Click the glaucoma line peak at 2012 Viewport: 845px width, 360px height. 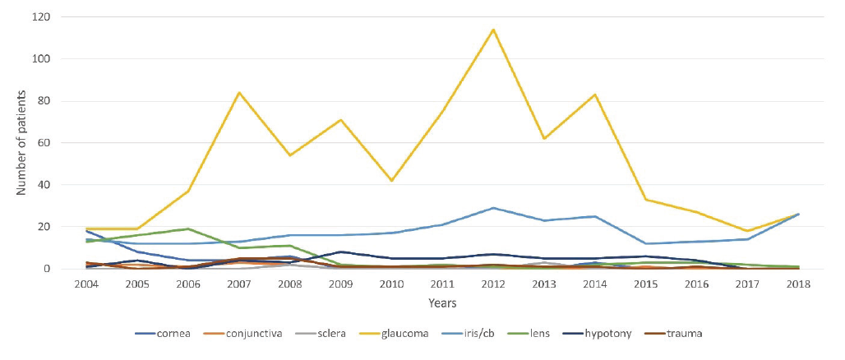pyautogui.click(x=492, y=30)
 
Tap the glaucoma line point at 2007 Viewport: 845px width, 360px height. pyautogui.click(x=238, y=93)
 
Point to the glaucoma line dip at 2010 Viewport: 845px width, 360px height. pyautogui.click(x=391, y=181)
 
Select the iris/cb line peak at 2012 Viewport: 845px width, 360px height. pyautogui.click(x=492, y=208)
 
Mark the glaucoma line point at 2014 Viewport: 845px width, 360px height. pyautogui.click(x=594, y=95)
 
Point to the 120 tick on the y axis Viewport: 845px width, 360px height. pyautogui.click(x=41, y=16)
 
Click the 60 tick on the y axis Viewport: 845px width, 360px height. pyautogui.click(x=44, y=143)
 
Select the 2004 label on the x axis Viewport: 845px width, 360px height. pyautogui.click(x=86, y=284)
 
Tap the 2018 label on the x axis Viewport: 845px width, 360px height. pyautogui.click(x=798, y=284)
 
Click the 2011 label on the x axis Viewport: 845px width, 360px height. pyautogui.click(x=442, y=284)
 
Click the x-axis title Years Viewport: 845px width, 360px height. pyautogui.click(x=442, y=304)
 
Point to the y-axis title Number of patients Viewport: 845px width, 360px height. pyautogui.click(x=21, y=143)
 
